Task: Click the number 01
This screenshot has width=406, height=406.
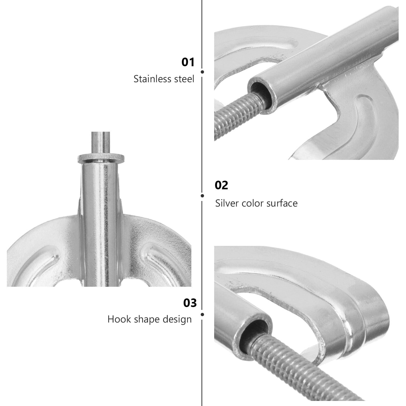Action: [x=188, y=62]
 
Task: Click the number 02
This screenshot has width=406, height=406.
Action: [x=221, y=185]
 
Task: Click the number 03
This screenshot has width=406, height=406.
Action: [x=190, y=303]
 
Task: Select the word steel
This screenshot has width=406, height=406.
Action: [x=184, y=79]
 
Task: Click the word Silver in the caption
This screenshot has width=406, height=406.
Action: [x=227, y=203]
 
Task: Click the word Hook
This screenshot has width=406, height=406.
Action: [x=117, y=319]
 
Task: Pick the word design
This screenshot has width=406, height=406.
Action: [x=177, y=319]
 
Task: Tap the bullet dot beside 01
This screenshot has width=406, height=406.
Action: [x=202, y=72]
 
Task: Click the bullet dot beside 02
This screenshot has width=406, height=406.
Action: [x=202, y=196]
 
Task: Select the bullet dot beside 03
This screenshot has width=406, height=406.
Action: [x=202, y=315]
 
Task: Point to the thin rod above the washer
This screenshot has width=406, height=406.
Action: [x=100, y=142]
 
